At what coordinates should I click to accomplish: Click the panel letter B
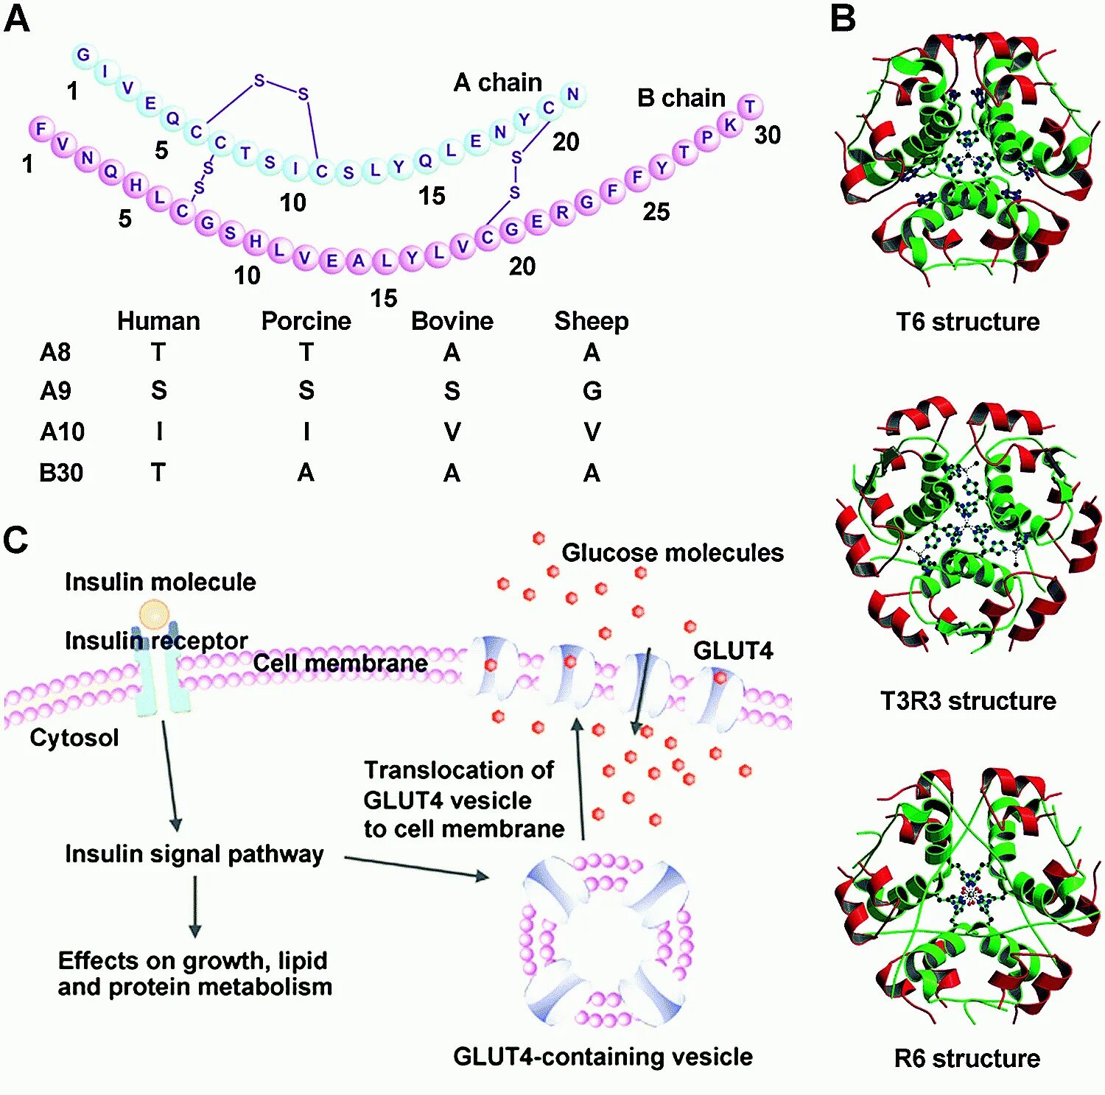[843, 18]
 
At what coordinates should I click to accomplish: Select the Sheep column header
[591, 321]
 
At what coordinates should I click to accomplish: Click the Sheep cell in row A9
[592, 390]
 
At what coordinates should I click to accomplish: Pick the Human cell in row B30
[158, 472]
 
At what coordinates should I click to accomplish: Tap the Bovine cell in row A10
[452, 432]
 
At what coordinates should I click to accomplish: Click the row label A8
[55, 352]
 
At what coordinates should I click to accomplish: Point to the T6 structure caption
[967, 322]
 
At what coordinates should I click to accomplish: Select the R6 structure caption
[967, 1058]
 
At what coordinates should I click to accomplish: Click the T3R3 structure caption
[967, 700]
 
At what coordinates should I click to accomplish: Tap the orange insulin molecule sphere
[155, 614]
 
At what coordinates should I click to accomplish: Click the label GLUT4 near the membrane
[733, 650]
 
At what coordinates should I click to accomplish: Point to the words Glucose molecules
[672, 552]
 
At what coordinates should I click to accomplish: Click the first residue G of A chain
[83, 54]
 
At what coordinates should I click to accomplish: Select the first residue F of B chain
[41, 129]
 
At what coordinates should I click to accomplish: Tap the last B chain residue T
[750, 107]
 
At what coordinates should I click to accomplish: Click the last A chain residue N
[572, 94]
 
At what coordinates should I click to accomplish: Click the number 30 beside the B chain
[767, 135]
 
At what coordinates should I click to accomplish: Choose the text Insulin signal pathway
[194, 853]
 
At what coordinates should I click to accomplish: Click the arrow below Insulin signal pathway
[195, 906]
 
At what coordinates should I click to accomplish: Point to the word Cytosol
[74, 737]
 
